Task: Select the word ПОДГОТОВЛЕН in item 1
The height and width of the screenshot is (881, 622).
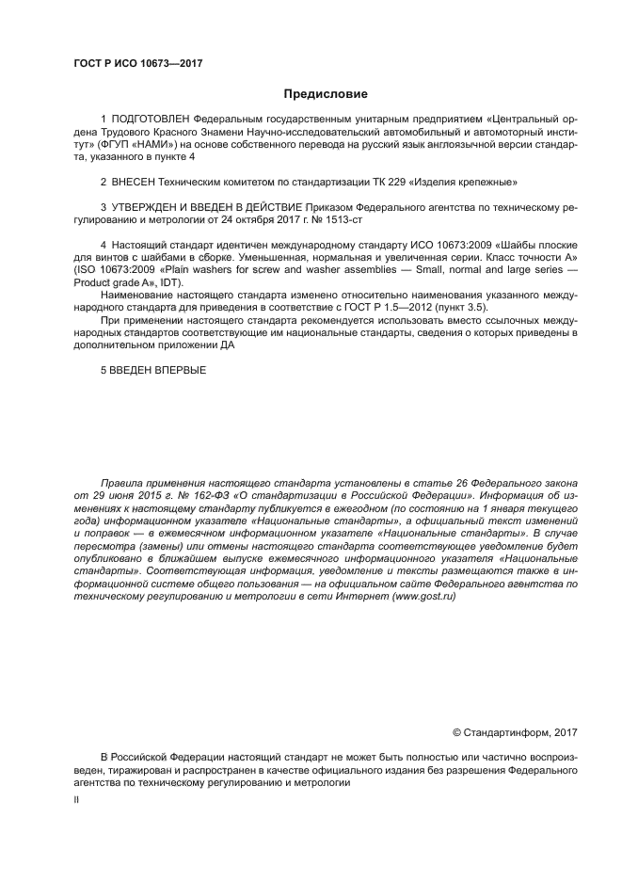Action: [151, 120]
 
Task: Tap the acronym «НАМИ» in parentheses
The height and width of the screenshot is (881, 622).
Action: [159, 145]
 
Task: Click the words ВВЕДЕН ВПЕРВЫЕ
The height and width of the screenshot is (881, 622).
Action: [159, 370]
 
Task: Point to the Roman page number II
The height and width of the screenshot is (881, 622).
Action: [77, 799]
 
